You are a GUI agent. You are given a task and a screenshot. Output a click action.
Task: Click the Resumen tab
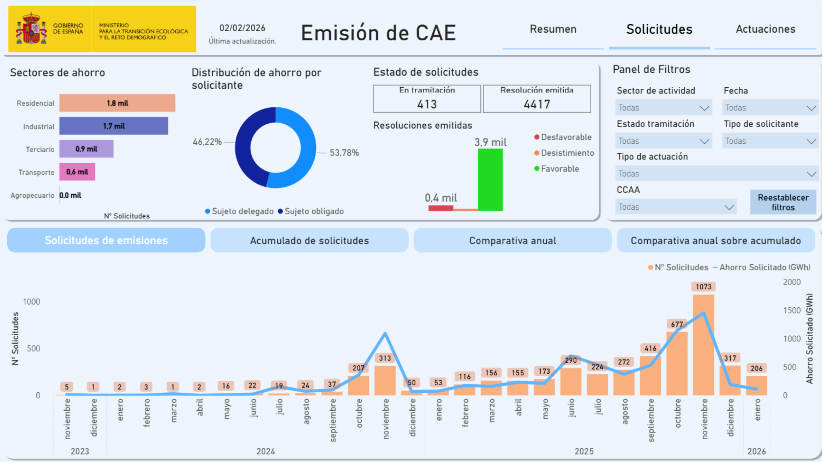pos(553,29)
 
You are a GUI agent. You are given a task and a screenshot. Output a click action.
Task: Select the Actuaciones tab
pos(765,29)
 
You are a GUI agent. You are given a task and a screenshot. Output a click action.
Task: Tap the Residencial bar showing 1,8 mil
pos(117,103)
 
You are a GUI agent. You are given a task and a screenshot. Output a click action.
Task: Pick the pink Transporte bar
pos(77,172)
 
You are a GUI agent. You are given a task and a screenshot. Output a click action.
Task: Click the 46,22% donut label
pos(207,142)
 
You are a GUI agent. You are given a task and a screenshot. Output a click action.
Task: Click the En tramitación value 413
pos(427,104)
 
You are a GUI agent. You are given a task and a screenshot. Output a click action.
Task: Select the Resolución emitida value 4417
pos(537,104)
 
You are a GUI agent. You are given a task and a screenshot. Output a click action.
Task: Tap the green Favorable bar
pos(490,180)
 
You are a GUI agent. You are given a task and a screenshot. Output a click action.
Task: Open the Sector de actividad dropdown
pos(663,108)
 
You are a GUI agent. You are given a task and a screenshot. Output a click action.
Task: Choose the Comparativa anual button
pos(513,241)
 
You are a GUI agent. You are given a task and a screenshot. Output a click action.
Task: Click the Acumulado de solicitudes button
pos(309,241)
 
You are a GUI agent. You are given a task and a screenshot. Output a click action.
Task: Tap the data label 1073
pos(703,287)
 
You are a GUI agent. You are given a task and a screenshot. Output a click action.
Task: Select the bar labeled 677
pos(677,363)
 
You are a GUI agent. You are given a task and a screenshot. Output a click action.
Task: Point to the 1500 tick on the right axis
pos(792,311)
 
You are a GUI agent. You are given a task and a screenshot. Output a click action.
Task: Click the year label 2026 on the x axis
pos(757,451)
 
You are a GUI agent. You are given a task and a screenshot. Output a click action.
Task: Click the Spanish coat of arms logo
pos(31,29)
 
